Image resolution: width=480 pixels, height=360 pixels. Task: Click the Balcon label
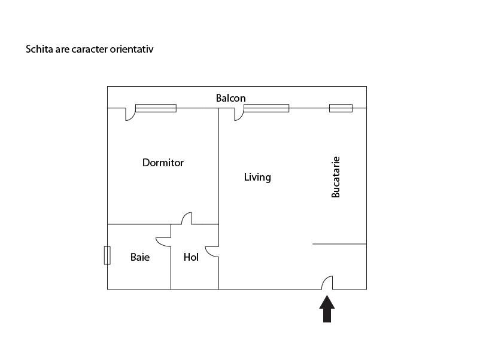[230, 98]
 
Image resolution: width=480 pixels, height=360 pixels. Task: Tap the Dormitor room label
[163, 163]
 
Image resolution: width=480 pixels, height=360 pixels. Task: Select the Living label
[257, 177]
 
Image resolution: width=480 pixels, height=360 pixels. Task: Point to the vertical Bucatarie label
[336, 177]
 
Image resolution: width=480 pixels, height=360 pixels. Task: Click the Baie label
[140, 257]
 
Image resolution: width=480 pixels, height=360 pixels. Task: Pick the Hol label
[191, 257]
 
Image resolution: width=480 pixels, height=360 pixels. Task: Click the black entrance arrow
[327, 309]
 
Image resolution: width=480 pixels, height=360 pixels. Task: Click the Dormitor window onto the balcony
[156, 108]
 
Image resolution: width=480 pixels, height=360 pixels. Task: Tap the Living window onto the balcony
[266, 108]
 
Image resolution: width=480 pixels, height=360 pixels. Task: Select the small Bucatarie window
[341, 108]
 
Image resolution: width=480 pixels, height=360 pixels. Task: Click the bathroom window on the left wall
[107, 255]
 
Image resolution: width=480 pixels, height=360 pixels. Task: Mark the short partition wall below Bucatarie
[339, 244]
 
